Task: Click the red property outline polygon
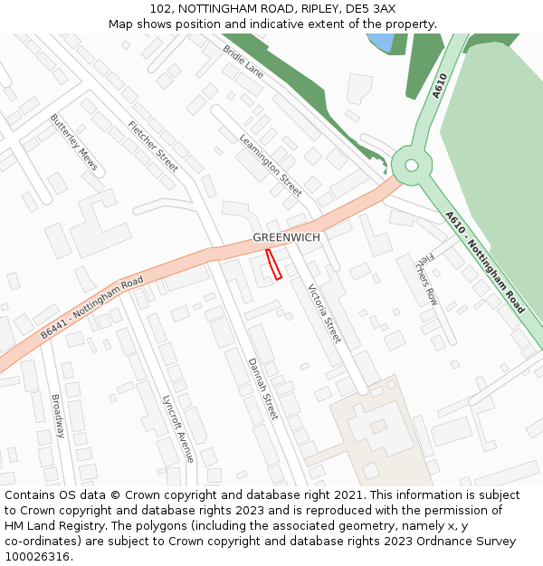[273, 264]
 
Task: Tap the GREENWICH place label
[286, 237]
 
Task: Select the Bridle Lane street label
[243, 61]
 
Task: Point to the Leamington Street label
[271, 165]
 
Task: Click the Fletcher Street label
[153, 146]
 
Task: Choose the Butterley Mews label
[73, 142]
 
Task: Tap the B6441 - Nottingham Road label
[92, 309]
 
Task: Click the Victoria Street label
[324, 313]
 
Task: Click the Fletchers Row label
[426, 278]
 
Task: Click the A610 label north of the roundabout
[440, 85]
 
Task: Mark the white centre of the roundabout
[412, 165]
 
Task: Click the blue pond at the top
[381, 42]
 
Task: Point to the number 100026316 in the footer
[38, 556]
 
